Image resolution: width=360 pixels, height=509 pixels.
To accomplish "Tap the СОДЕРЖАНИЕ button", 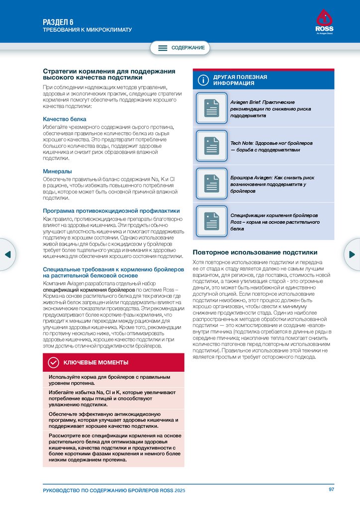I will tap(180, 48).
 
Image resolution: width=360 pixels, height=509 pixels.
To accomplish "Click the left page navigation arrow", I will tap(7, 254).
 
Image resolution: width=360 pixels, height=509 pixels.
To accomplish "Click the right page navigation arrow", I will tap(352, 254).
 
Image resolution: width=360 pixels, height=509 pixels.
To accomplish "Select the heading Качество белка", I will tap(65, 119).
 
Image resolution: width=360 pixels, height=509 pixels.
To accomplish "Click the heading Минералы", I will tap(58, 171).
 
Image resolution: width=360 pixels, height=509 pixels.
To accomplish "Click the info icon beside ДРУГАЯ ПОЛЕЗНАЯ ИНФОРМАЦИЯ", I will tap(202, 80).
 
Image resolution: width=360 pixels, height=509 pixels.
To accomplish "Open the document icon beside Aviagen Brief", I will tap(212, 108).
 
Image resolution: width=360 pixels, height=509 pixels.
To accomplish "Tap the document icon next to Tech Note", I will tap(212, 146).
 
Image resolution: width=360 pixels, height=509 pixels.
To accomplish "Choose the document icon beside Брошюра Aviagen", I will tap(212, 183).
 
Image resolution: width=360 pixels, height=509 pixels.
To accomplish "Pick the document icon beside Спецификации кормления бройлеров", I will tap(212, 221).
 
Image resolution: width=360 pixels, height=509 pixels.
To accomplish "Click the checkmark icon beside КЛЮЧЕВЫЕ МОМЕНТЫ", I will tap(53, 362).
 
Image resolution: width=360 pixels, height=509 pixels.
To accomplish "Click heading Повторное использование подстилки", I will tap(255, 252).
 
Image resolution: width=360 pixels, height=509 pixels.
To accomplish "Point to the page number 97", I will tap(331, 490).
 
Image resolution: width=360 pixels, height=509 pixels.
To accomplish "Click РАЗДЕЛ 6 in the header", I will tap(58, 21).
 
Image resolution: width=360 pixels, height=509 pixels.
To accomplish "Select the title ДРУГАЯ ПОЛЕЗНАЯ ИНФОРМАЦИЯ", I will tap(240, 81).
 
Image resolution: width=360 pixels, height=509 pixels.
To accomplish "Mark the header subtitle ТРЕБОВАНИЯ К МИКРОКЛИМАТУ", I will tap(87, 30).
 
